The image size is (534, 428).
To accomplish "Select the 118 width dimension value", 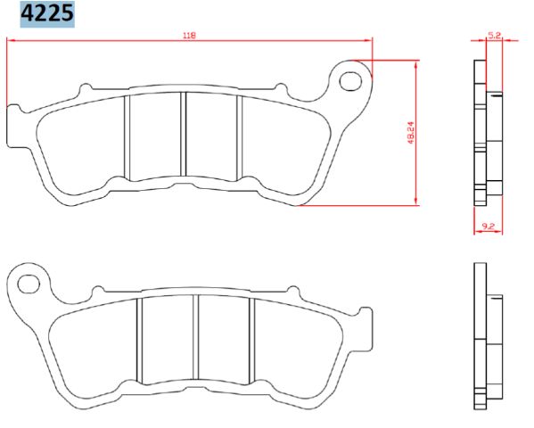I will [x=189, y=35].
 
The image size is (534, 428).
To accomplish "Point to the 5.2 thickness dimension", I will [x=494, y=36].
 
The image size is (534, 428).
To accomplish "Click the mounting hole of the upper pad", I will [x=353, y=81].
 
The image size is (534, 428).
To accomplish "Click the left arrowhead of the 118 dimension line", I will [x=11, y=40].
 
